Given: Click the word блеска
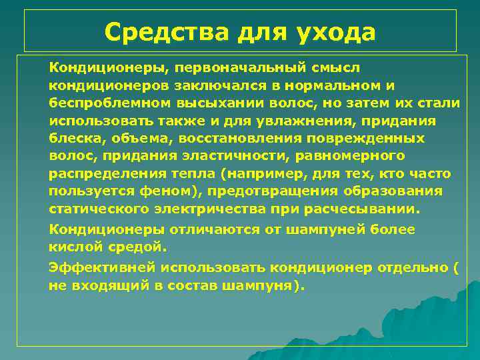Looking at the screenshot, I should click(x=72, y=139).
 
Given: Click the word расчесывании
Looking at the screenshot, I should click(x=365, y=209).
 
